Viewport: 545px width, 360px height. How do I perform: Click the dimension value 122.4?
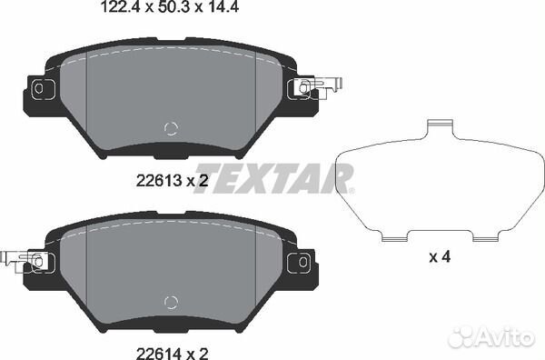120,6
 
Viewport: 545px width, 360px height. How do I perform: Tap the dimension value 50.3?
173,6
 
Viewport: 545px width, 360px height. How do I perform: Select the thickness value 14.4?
222,6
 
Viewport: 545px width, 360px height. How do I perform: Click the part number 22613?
159,181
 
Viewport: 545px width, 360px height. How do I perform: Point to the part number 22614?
159,353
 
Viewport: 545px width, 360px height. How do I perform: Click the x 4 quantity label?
440,257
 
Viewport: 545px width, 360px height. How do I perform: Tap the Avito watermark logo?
491,337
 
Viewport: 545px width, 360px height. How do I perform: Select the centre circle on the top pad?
171,129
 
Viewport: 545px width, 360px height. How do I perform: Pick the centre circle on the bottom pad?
171,302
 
